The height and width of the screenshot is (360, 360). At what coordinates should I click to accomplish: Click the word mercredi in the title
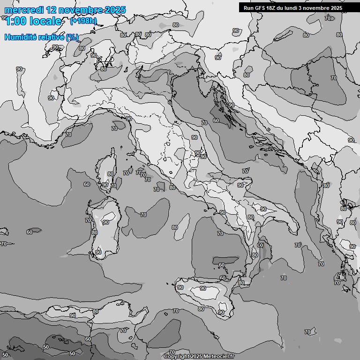pyautogui.click(x=23, y=10)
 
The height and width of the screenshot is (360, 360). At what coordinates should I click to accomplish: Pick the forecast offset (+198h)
pyautogui.click(x=83, y=21)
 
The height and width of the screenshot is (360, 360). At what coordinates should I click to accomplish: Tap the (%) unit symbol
pyautogui.click(x=72, y=37)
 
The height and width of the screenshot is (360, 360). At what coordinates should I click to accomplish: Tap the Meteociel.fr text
pyautogui.click(x=217, y=356)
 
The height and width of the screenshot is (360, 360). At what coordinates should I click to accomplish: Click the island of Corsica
pyautogui.click(x=107, y=169)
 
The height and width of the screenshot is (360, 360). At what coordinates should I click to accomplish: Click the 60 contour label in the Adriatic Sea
pyautogui.click(x=216, y=120)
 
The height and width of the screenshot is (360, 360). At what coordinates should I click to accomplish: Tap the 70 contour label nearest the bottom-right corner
pyautogui.click(x=307, y=332)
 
